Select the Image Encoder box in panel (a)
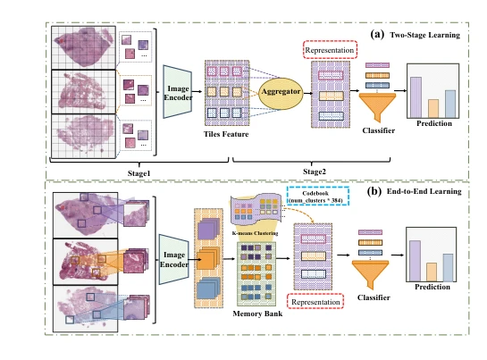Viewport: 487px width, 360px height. [x=178, y=92]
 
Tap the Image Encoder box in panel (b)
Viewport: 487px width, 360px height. [x=173, y=259]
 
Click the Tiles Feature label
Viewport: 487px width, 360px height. [x=226, y=134]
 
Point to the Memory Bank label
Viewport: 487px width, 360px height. [x=257, y=314]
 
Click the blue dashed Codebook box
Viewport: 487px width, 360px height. [x=318, y=196]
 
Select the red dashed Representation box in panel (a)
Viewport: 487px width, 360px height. [x=330, y=50]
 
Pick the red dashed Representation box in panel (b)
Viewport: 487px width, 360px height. [x=315, y=302]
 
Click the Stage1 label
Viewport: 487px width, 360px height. [x=139, y=173]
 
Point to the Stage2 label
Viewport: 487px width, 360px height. [x=315, y=172]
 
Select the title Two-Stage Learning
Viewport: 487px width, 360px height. [x=424, y=35]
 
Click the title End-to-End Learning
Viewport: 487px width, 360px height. [x=424, y=191]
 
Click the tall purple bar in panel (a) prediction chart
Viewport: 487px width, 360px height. [x=416, y=97]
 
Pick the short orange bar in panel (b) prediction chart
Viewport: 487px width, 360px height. [x=432, y=272]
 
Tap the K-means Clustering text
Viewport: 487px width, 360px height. [x=255, y=233]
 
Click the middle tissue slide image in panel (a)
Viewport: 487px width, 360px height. [x=83, y=92]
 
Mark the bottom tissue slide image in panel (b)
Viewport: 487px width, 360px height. [x=86, y=308]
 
